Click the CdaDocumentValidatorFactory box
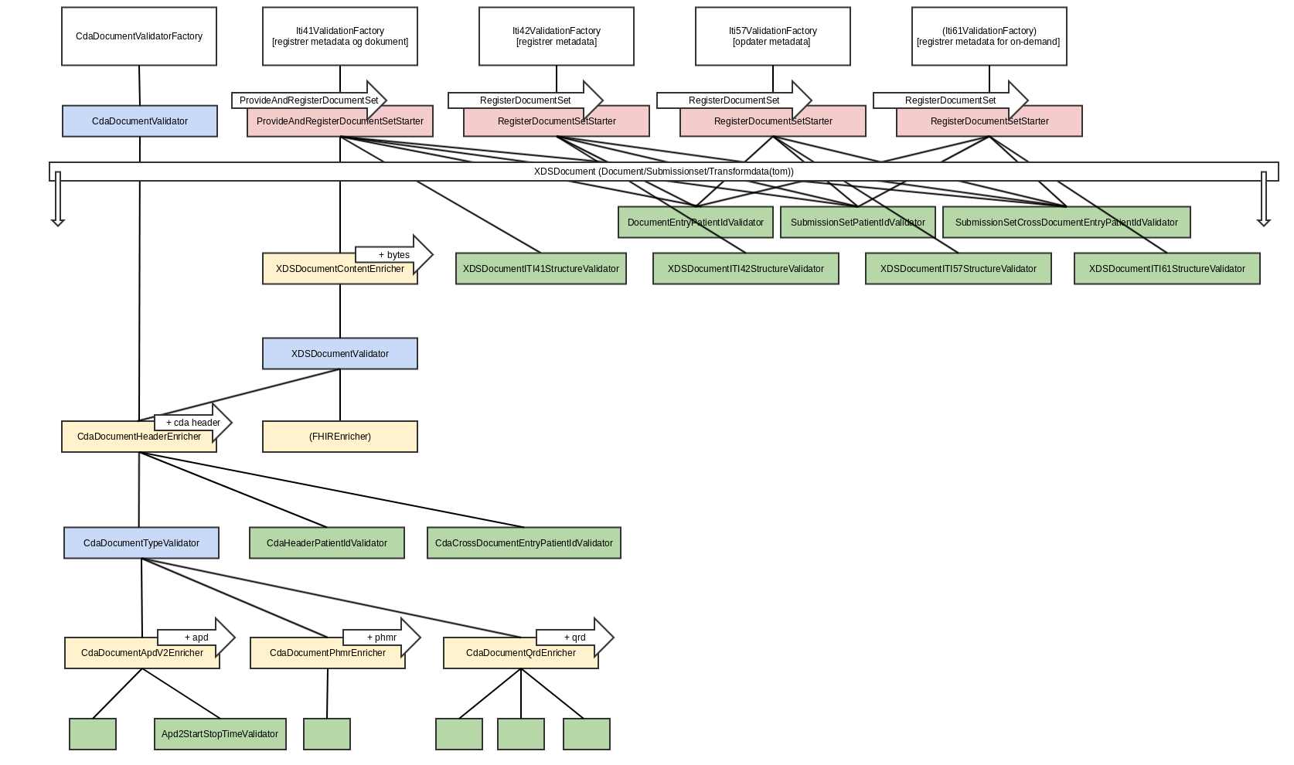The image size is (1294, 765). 139,36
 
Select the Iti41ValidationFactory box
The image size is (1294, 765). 340,36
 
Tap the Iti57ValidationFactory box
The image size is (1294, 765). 773,36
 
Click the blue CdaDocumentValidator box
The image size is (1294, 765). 140,121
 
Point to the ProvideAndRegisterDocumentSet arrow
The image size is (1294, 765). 309,100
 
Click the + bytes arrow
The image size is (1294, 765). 394,254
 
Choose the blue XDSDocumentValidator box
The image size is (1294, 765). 340,353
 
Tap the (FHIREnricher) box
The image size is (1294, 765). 340,437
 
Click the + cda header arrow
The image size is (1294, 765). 193,422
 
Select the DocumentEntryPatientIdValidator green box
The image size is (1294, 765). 696,223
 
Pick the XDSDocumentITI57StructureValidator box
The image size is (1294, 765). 959,269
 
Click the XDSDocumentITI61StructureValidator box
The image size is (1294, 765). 1167,269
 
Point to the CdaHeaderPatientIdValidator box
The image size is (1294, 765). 327,543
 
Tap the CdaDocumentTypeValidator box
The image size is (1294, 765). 141,543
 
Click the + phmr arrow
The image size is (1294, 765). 382,637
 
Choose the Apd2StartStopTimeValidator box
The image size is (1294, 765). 220,734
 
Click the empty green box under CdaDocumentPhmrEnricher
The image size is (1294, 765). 327,734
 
